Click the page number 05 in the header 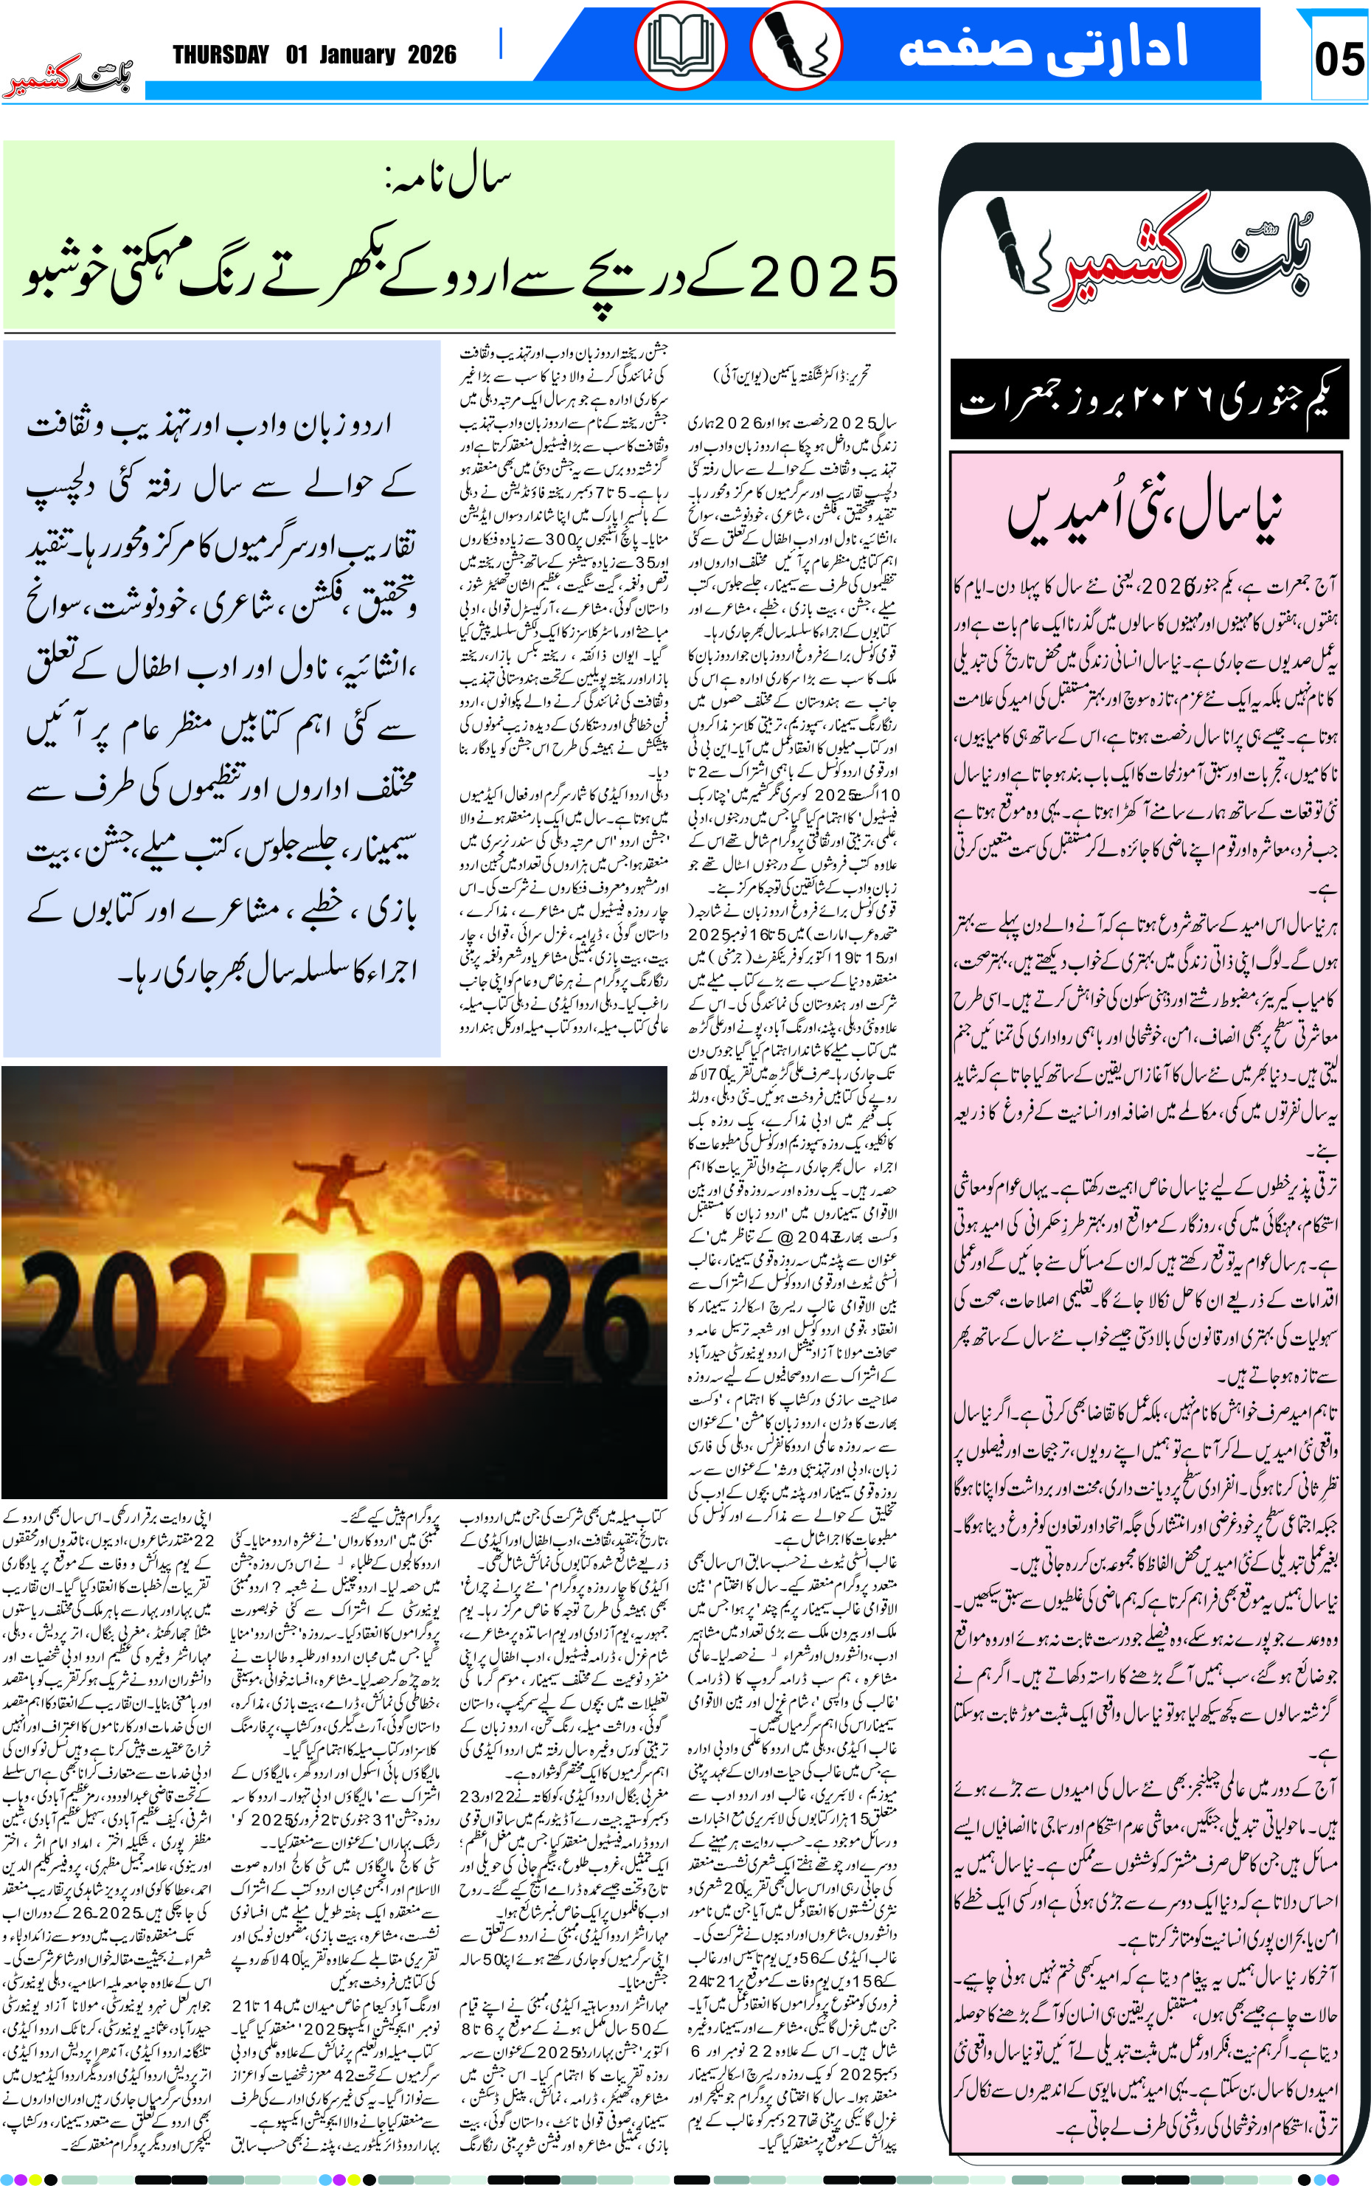click(1339, 60)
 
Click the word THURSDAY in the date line click(221, 55)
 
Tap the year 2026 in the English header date click(431, 55)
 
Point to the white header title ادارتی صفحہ click(1043, 47)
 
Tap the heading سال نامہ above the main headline click(448, 178)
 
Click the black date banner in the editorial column click(1149, 400)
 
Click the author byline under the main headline click(791, 374)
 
